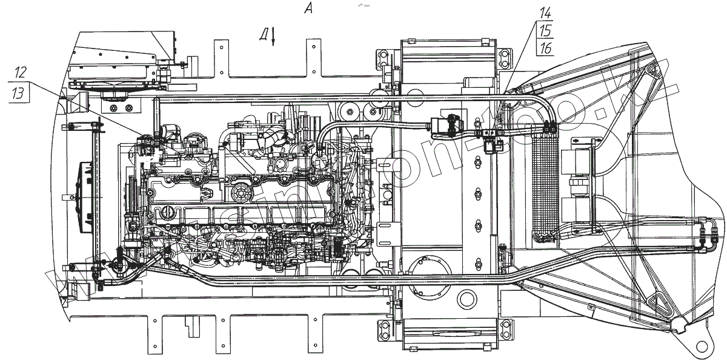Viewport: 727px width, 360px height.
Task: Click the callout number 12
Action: click(x=20, y=72)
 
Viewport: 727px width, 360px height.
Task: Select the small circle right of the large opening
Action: click(x=467, y=298)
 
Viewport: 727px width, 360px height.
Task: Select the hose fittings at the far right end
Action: click(x=709, y=236)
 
